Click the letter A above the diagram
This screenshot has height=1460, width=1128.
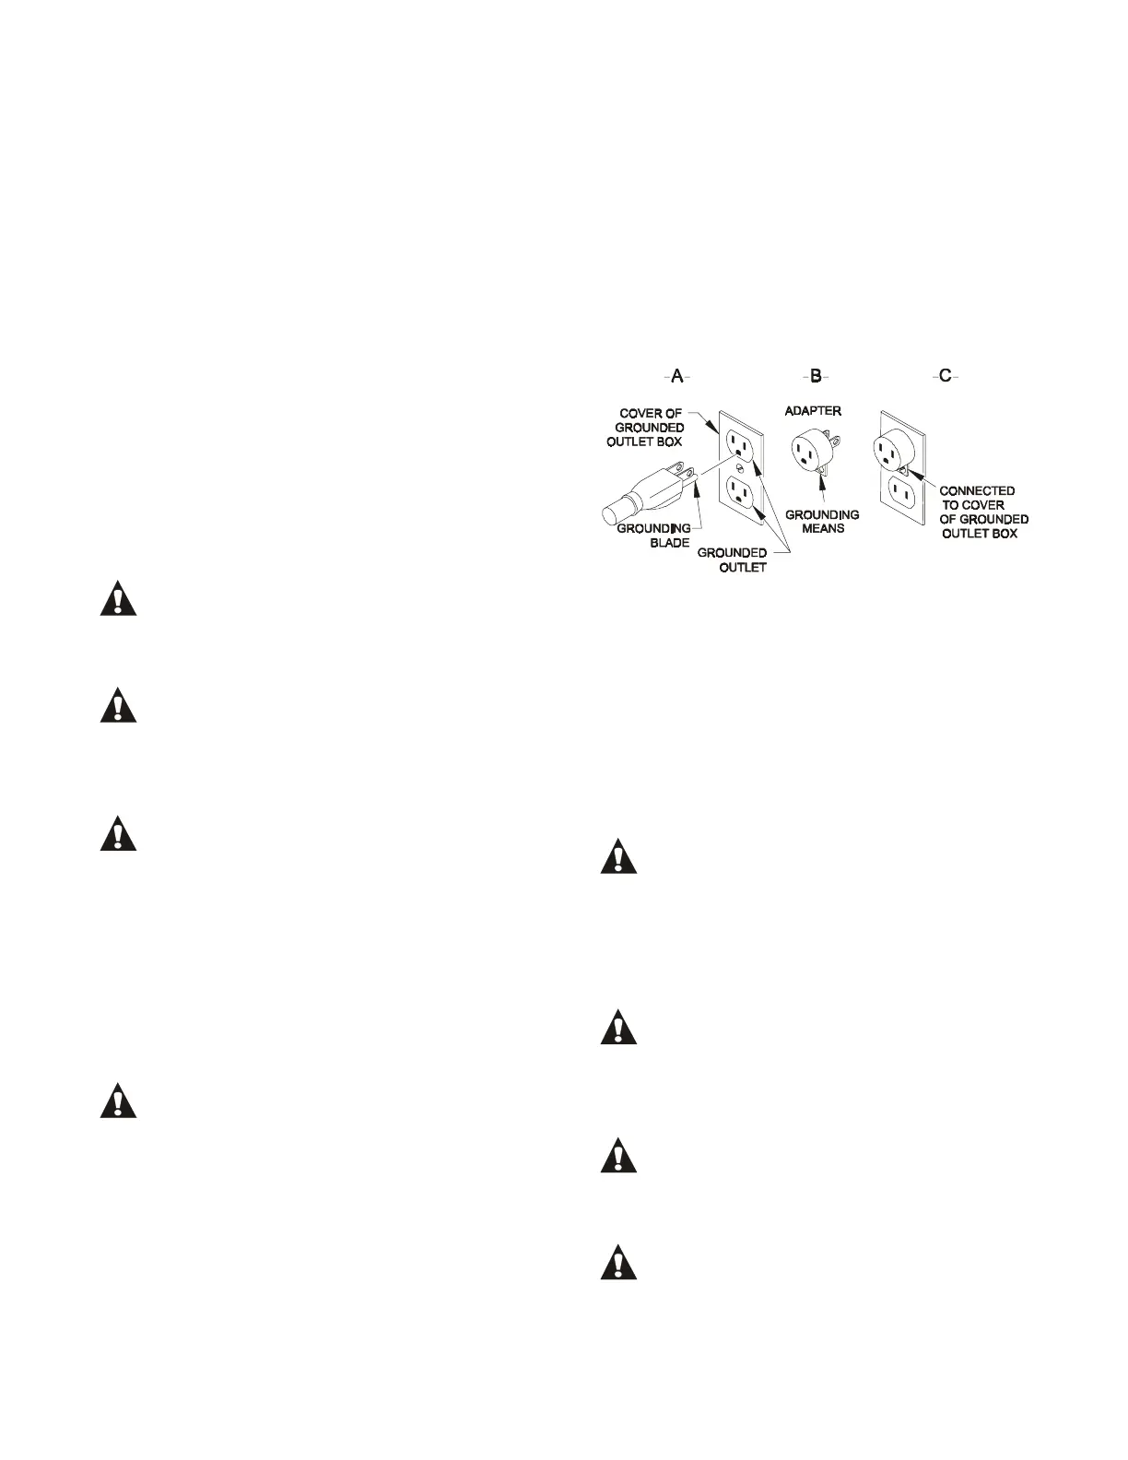click(x=677, y=376)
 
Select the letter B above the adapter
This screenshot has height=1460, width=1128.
click(x=816, y=376)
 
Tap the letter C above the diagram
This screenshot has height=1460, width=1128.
click(x=945, y=376)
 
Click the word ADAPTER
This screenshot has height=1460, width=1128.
click(x=813, y=410)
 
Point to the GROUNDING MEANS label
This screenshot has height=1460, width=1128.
click(x=822, y=522)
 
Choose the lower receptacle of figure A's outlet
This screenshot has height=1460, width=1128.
click(x=741, y=496)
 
